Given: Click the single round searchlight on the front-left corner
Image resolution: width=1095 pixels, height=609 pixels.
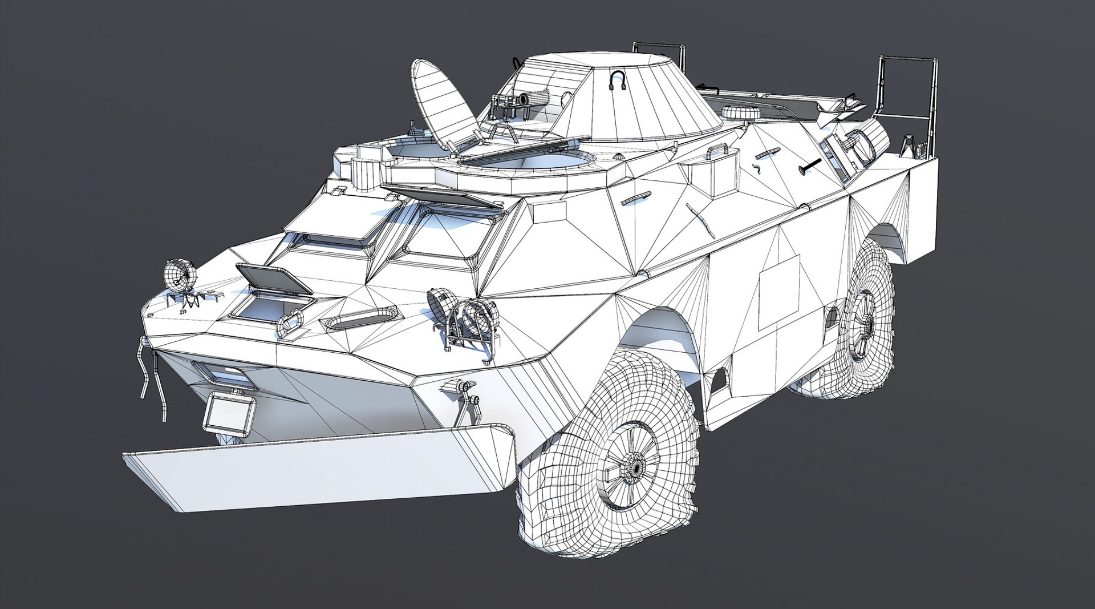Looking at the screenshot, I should tap(179, 276).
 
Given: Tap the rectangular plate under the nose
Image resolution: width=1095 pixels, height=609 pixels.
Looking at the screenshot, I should tap(230, 413).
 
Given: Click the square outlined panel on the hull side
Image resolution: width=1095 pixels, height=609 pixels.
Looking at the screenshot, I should tap(779, 292).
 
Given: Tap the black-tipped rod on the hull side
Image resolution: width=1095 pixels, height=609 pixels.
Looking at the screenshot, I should tap(810, 165).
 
